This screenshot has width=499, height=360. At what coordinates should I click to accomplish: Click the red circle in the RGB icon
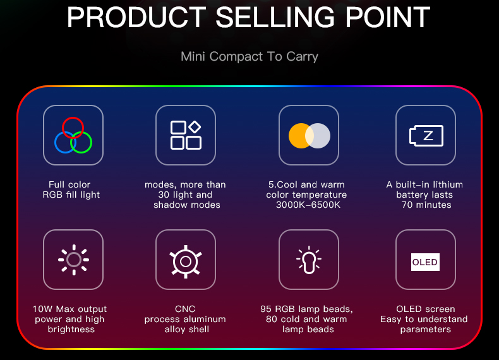pos(73,117)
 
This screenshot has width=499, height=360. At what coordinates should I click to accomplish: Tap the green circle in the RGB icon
pos(92,142)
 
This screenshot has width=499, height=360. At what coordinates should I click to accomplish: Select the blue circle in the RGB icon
pos(55,142)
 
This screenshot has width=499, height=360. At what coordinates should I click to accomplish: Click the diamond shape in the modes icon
pos(195,127)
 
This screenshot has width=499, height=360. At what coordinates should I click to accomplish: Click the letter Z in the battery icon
pos(428,136)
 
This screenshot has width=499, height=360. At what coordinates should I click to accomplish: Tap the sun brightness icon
pos(73,260)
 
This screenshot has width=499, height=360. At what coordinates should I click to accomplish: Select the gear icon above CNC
pos(186,261)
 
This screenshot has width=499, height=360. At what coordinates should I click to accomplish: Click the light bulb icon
pos(309,260)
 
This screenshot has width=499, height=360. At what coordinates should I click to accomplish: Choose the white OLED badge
pos(425,262)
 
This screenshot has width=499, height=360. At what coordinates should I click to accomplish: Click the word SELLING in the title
pos(275,18)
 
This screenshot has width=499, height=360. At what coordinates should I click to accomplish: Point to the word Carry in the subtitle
pos(302,57)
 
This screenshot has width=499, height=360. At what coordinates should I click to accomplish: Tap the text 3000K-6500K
pos(308,205)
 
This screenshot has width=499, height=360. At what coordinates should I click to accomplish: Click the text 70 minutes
pos(426,205)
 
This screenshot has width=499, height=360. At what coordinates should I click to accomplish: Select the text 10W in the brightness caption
pos(43,309)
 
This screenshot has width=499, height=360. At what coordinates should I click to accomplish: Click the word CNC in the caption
pos(185,309)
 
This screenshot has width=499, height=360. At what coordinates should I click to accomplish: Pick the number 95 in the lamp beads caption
pos(266,309)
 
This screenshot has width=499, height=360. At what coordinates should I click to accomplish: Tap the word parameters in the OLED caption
pos(426,330)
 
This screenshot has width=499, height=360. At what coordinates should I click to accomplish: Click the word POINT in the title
pos(388,18)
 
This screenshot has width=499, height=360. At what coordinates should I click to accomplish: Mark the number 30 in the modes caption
pos(164,195)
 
